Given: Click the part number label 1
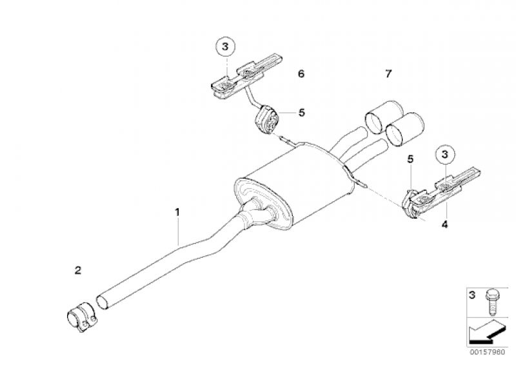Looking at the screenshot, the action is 177,212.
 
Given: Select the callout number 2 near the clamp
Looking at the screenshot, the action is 77,271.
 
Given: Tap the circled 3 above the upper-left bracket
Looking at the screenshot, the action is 225,46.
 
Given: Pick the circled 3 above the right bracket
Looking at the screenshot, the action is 444,154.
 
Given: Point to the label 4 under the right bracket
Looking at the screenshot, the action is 444,224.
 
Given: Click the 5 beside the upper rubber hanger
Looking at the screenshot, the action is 301,113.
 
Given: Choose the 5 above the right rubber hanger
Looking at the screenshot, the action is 410,159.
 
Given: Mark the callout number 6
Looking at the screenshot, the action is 301,74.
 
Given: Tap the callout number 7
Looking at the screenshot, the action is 389,74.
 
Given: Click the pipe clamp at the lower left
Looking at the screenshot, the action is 81,317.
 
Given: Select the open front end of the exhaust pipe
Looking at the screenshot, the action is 103,302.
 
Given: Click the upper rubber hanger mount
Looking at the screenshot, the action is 267,119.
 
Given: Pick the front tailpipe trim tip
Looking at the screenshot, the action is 405,130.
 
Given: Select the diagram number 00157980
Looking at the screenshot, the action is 487,352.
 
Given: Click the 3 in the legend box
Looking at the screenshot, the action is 471,295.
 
